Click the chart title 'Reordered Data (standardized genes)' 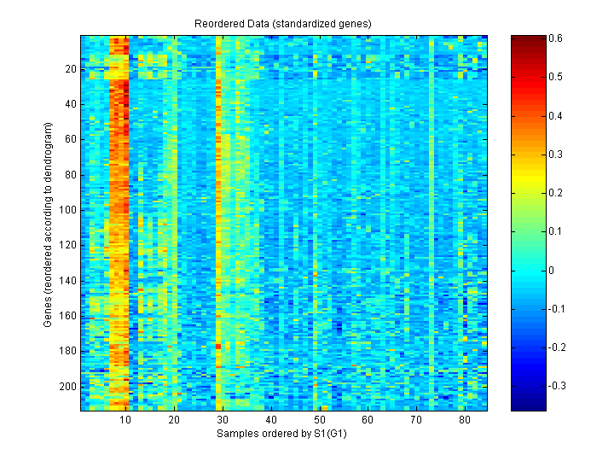(x=284, y=22)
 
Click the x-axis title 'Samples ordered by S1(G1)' (x=284, y=434)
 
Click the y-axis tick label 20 (x=70, y=69)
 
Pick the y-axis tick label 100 (x=67, y=210)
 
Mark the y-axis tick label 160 (x=67, y=316)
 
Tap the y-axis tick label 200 (x=67, y=387)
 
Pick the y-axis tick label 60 (x=70, y=140)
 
